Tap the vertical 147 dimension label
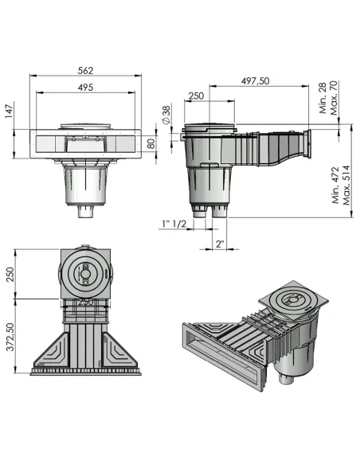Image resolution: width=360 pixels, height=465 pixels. [x=10, y=112]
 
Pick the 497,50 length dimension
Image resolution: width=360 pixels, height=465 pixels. [x=253, y=82]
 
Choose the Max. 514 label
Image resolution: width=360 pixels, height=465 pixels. [x=346, y=186]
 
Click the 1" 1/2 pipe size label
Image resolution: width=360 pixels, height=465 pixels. [x=172, y=223]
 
